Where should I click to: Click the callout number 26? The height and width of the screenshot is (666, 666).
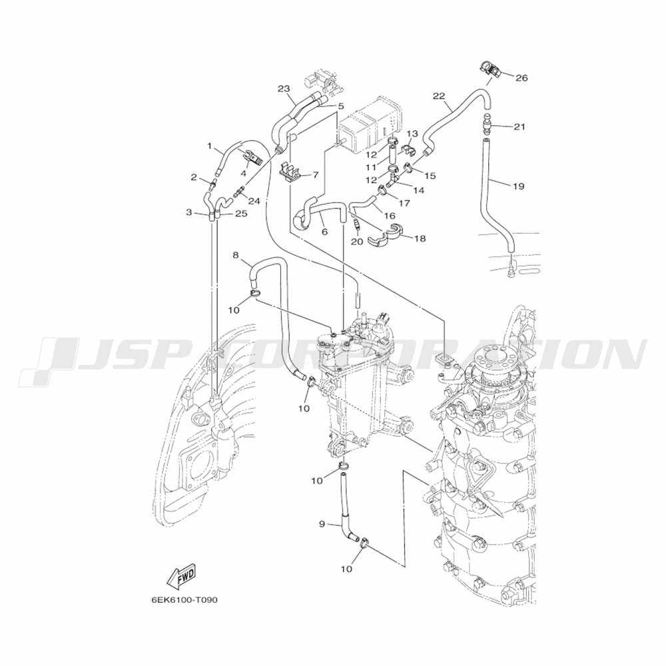tap(521, 78)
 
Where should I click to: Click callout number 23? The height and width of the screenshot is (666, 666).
tap(284, 89)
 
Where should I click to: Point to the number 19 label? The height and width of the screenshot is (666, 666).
tap(518, 186)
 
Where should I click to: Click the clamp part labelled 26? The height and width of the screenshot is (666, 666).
tap(490, 70)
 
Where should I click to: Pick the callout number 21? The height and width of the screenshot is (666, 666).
tap(519, 127)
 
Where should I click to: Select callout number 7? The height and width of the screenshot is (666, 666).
tap(315, 175)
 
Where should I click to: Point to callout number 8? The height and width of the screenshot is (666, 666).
tap(236, 255)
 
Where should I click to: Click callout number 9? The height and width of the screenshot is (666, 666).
tap(322, 524)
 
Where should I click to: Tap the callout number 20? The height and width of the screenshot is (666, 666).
tap(357, 242)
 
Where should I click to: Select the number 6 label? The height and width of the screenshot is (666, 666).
tap(324, 232)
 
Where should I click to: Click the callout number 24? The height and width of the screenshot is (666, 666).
tap(254, 201)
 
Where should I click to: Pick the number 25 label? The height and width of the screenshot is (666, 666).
tap(241, 214)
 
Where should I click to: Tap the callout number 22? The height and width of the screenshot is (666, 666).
tap(439, 96)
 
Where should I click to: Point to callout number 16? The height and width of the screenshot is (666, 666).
tap(390, 216)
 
